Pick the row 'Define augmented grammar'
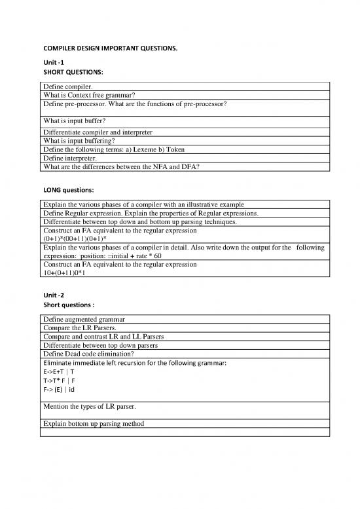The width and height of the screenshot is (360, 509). (84, 319)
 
